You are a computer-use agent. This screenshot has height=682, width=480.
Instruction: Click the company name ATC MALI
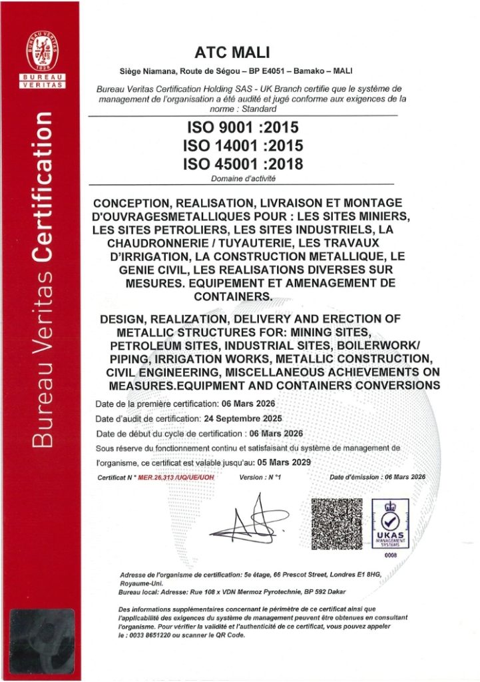(242, 53)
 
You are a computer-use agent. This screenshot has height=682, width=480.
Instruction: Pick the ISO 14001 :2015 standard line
(242, 145)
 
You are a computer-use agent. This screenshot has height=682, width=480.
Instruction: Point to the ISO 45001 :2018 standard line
(242, 163)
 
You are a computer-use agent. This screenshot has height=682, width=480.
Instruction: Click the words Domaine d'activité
(243, 178)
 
